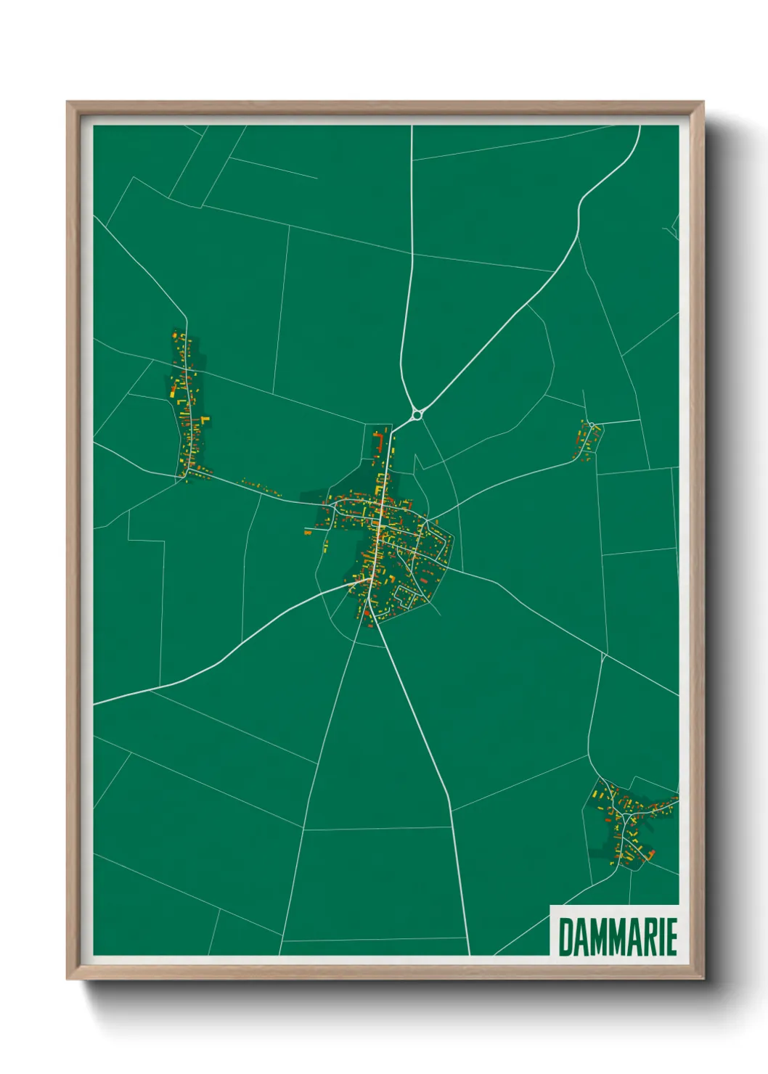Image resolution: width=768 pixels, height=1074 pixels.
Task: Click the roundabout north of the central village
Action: click(417, 415)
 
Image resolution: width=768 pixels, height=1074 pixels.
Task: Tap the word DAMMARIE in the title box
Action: click(617, 937)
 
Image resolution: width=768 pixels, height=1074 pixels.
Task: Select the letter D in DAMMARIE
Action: click(565, 937)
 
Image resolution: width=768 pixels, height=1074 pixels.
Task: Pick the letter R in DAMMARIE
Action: click(648, 937)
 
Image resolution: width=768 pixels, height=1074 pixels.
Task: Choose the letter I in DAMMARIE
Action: click(660, 937)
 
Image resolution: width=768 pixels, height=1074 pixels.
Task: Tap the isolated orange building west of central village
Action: click(308, 532)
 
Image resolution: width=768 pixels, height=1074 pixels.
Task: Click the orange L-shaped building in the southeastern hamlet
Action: click(650, 853)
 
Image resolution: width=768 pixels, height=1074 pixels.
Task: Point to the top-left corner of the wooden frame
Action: click(68, 102)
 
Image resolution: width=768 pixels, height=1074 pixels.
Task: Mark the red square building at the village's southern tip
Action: click(367, 614)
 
